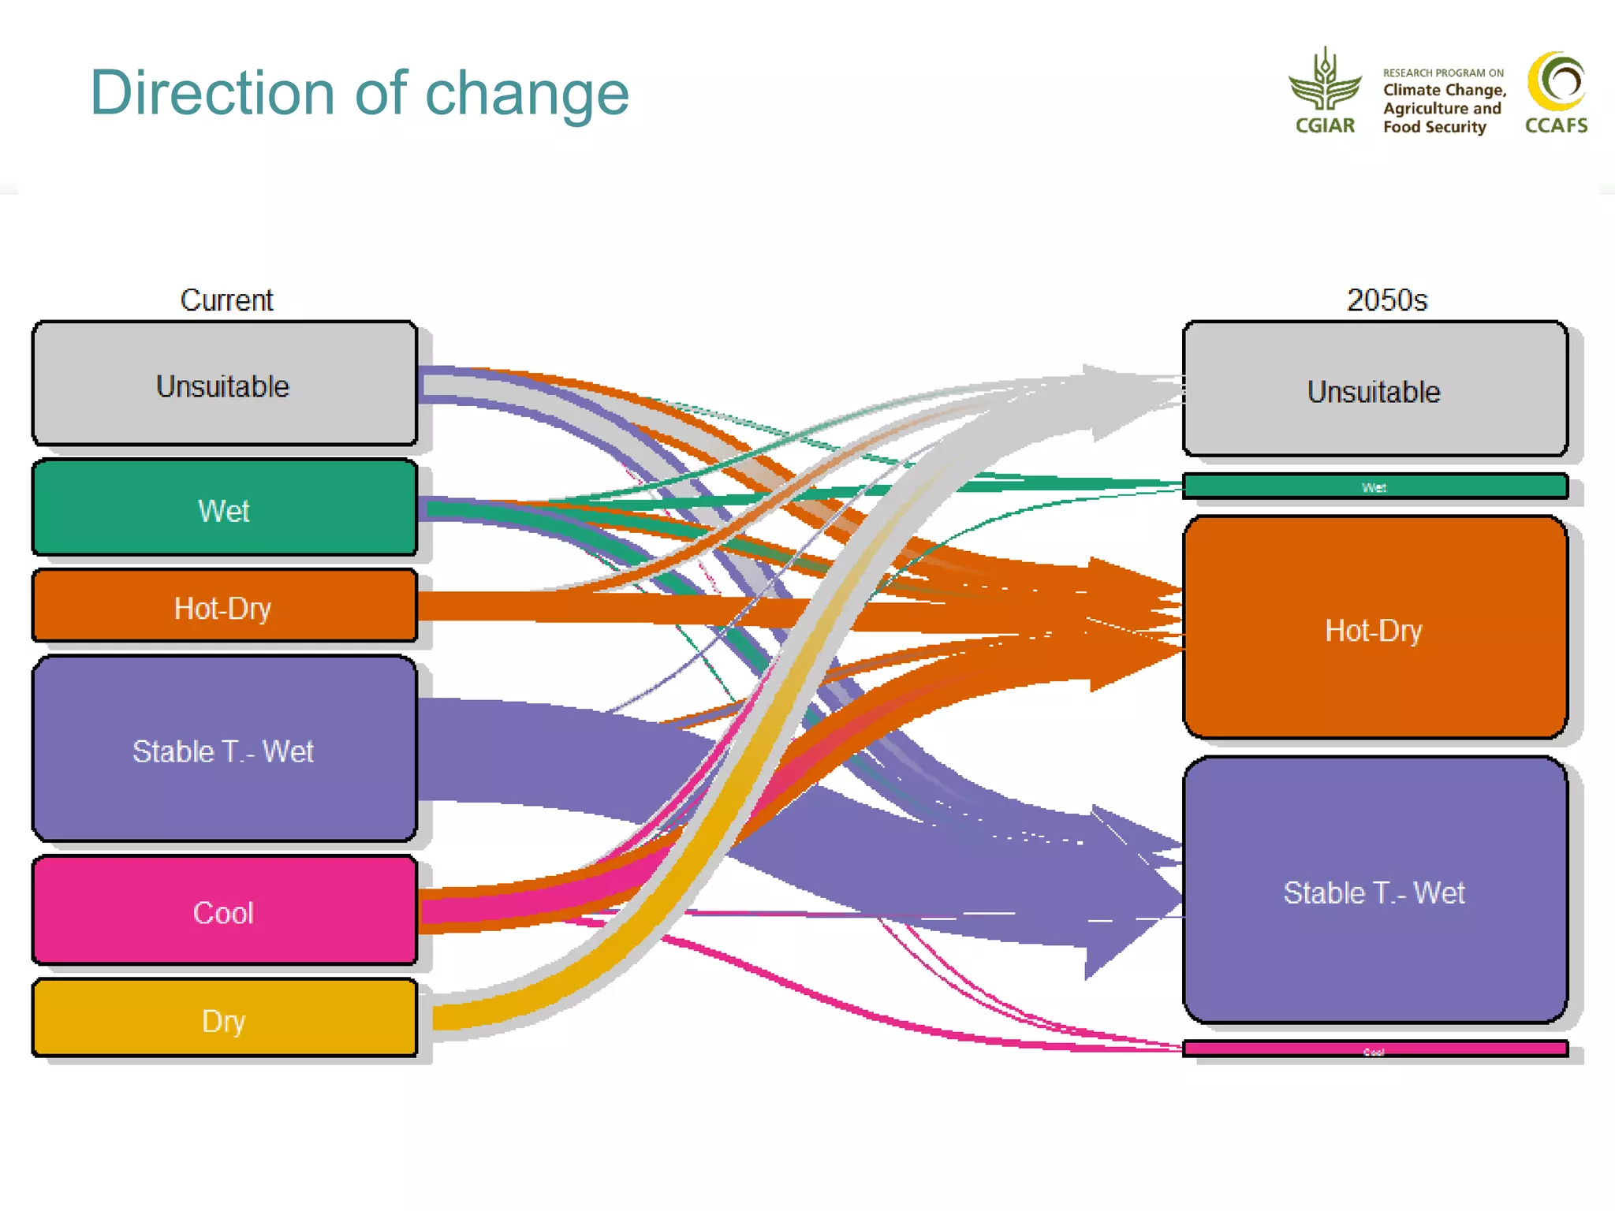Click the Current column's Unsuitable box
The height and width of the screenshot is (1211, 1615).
(x=225, y=384)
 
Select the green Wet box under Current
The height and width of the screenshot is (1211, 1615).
(x=225, y=509)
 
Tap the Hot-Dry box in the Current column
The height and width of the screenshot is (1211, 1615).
(x=225, y=606)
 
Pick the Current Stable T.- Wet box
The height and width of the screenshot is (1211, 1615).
(x=225, y=749)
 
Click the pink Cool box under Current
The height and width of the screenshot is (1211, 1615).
(x=225, y=911)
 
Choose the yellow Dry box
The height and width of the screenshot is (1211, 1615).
(x=225, y=1019)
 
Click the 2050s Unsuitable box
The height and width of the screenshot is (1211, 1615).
(x=1374, y=389)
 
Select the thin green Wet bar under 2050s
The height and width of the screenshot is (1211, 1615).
(x=1374, y=486)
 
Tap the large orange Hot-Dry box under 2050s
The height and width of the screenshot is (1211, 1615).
(x=1374, y=628)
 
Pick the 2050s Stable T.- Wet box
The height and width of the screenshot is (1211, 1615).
(x=1374, y=891)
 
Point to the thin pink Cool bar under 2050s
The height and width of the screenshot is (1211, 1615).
(x=1374, y=1049)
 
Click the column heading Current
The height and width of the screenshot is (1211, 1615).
(x=226, y=300)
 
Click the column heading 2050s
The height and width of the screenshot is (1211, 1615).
(x=1386, y=300)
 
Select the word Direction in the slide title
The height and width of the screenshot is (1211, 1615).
(x=213, y=93)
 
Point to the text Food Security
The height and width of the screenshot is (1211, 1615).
(x=1434, y=127)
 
